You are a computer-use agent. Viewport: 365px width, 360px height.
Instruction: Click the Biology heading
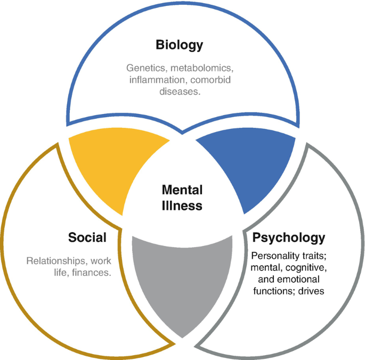pyautogui.click(x=179, y=45)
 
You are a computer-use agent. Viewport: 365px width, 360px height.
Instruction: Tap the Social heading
pyautogui.click(x=87, y=238)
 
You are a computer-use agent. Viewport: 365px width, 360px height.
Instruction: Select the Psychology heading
pyautogui.click(x=289, y=238)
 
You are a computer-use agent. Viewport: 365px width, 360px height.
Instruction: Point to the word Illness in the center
pyautogui.click(x=182, y=205)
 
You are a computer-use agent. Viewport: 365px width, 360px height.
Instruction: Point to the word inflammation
pyautogui.click(x=155, y=80)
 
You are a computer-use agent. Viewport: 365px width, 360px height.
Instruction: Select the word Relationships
pyautogui.click(x=56, y=261)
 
